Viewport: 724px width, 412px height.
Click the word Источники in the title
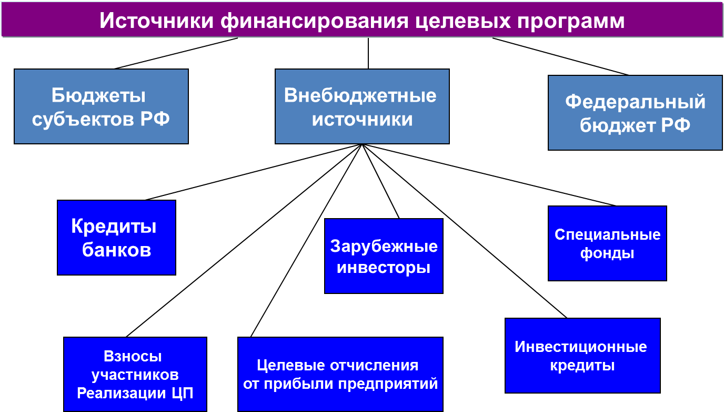pos(156,21)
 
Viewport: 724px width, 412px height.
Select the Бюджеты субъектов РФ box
pos(101,106)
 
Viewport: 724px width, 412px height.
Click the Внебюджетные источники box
pos(362,106)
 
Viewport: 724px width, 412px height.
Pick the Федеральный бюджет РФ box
pos(635,113)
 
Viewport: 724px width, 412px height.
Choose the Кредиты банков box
pos(116,238)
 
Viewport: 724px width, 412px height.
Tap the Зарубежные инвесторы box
pos(384,256)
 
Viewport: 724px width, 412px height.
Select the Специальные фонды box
pos(607,243)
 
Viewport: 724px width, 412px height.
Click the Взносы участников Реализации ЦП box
pos(135,374)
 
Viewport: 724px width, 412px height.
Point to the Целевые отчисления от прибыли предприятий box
pos(340,374)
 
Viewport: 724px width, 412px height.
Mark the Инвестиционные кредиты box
pos(582,356)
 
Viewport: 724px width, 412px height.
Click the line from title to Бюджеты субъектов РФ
pos(176,53)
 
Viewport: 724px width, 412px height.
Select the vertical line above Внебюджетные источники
pos(368,53)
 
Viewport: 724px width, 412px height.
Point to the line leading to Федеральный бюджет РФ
pos(560,57)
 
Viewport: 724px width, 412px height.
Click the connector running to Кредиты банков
pos(254,172)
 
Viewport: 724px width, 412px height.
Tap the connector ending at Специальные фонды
pos(489,175)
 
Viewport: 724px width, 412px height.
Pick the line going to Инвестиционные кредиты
pos(465,231)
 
